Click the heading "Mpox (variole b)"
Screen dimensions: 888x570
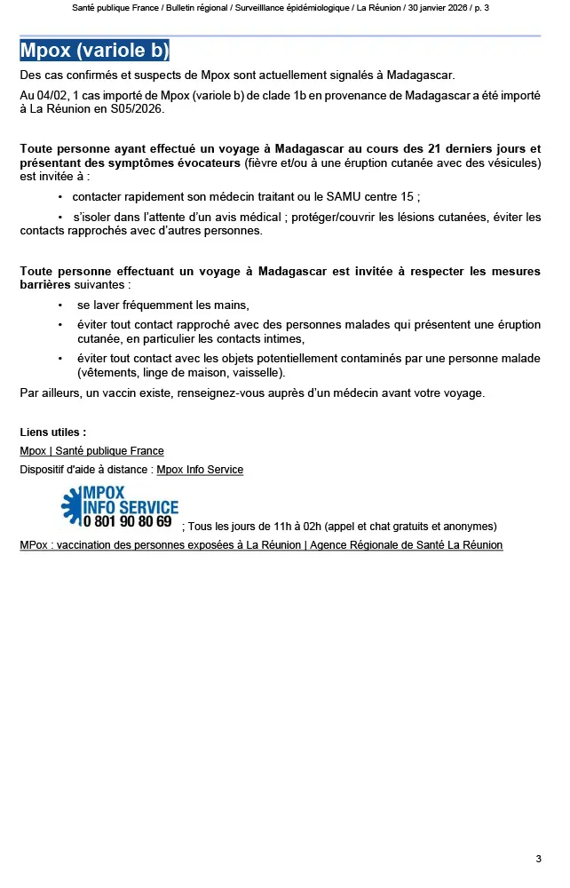tap(94, 50)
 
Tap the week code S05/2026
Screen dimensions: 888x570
tap(135, 109)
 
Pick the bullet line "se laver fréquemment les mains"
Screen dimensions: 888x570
tap(163, 305)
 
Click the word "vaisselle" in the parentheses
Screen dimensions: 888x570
tap(256, 372)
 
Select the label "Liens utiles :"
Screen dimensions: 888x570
tap(53, 432)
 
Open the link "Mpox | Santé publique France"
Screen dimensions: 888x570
tap(91, 451)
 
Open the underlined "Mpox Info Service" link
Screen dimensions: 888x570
tap(200, 469)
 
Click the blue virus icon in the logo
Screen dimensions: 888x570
tap(70, 505)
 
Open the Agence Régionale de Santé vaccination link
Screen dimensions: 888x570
tap(261, 545)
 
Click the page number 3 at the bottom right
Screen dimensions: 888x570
tap(538, 859)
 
